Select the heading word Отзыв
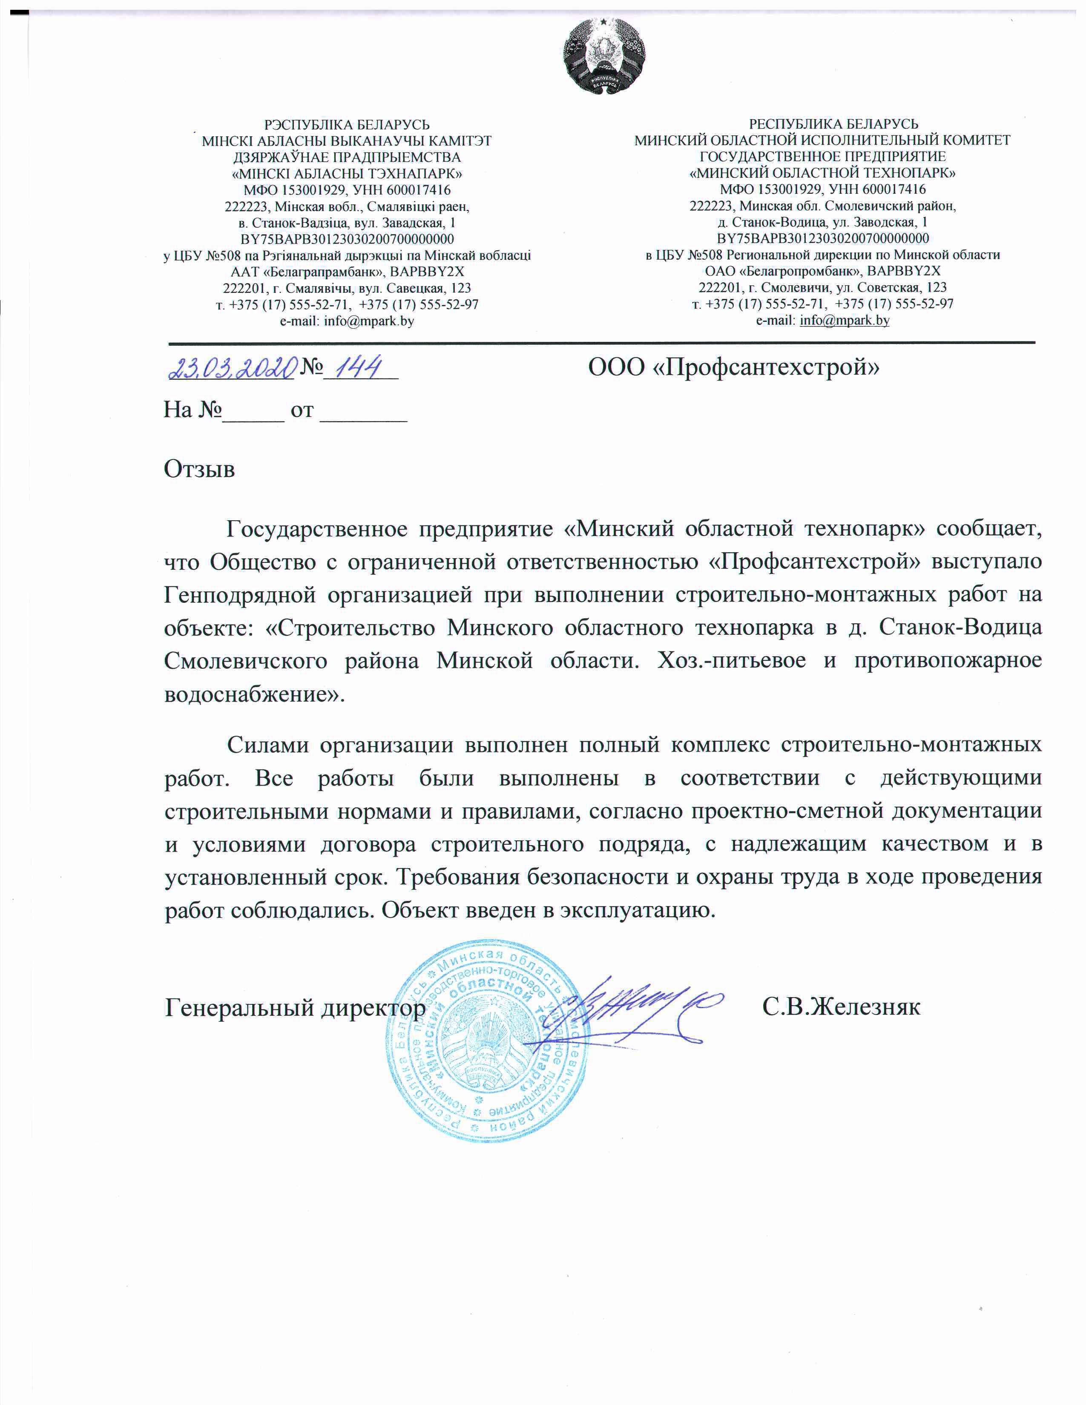click(199, 469)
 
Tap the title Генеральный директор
click(295, 1007)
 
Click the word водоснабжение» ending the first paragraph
click(255, 695)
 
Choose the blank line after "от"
click(364, 410)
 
